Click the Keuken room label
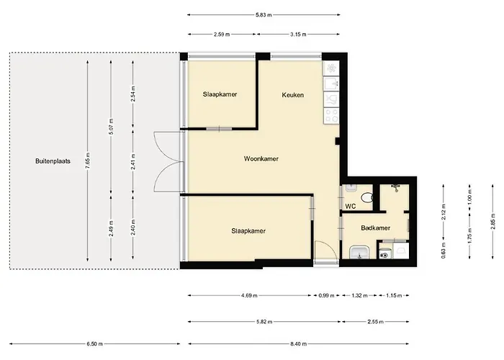pos(292,95)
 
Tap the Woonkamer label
pos(261,158)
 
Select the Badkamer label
pos(375,228)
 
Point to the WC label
pos(351,207)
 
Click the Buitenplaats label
pos(53,161)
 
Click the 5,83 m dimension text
pos(264,15)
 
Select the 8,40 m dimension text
pos(298,344)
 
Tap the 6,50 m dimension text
pos(94,344)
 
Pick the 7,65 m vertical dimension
pos(88,161)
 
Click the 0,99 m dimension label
pos(326,295)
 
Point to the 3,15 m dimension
pos(298,34)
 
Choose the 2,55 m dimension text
pos(375,321)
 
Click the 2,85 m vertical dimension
pos(492,222)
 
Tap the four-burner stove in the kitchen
pos(331,116)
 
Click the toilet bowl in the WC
pos(367,197)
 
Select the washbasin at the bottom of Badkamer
pos(359,252)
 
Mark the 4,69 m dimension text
pos(249,295)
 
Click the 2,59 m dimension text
pos(222,34)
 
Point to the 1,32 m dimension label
pos(359,295)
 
